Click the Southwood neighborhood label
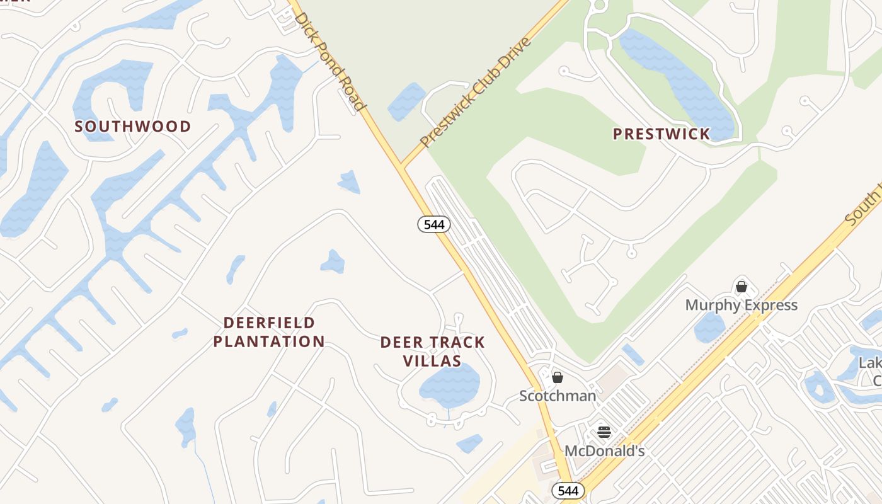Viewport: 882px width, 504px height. point(132,126)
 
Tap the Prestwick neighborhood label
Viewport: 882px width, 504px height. point(661,134)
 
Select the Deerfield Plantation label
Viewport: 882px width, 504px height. point(269,332)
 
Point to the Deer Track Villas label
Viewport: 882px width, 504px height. point(432,352)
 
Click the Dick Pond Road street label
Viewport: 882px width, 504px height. point(330,61)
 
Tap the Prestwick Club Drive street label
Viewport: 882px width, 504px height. point(476,92)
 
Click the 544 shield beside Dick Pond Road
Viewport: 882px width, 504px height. point(434,224)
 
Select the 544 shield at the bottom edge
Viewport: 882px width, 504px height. point(568,490)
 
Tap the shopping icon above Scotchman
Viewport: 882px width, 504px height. point(558,377)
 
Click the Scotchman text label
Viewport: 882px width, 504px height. point(558,396)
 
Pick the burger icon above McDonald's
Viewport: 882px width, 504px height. point(604,432)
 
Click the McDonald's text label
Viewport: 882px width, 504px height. point(604,451)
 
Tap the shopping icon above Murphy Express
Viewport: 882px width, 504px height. point(742,287)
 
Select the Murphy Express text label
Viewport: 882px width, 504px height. point(742,306)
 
